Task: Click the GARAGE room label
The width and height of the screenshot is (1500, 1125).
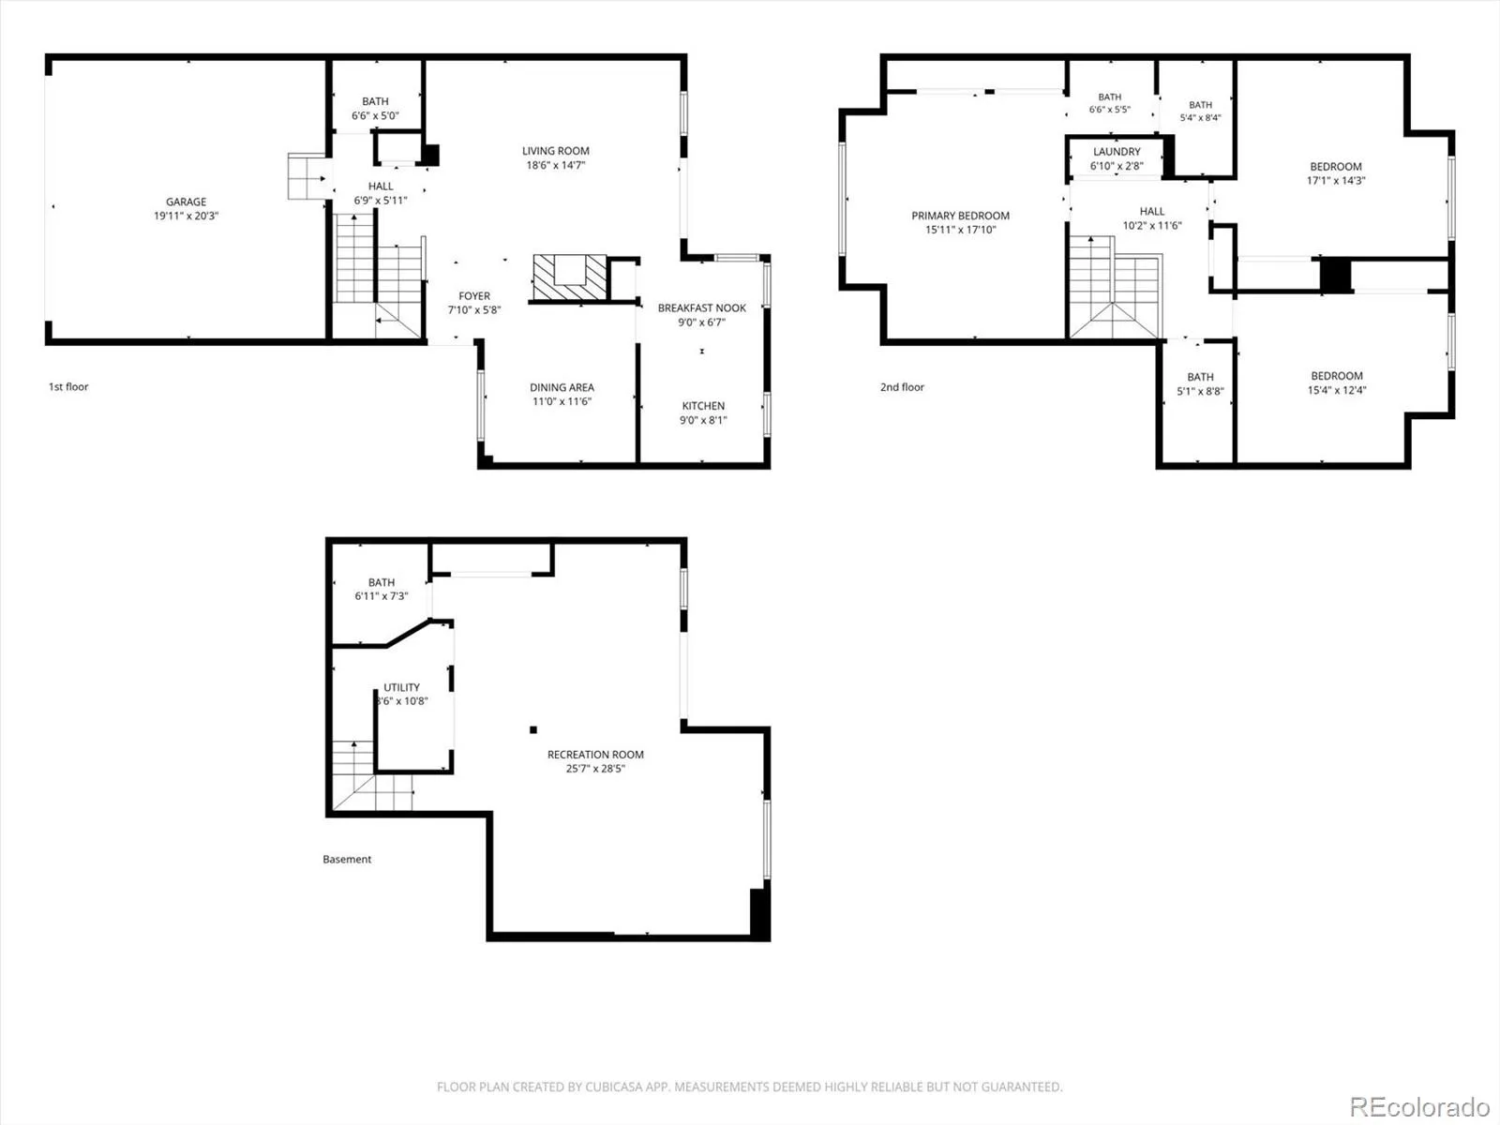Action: click(x=186, y=202)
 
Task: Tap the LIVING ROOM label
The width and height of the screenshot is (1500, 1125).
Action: click(x=556, y=151)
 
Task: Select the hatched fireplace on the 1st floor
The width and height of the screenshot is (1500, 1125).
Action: click(x=569, y=277)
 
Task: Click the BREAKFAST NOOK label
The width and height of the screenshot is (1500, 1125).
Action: click(x=702, y=308)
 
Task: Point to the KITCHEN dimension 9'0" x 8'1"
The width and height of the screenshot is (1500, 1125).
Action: click(x=703, y=420)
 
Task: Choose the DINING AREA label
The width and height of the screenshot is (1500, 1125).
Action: click(x=562, y=387)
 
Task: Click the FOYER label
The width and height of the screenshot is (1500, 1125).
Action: click(x=474, y=295)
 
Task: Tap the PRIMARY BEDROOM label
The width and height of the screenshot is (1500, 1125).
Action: click(x=960, y=216)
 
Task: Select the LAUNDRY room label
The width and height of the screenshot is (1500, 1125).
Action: click(x=1117, y=152)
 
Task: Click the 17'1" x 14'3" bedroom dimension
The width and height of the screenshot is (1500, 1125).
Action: click(x=1336, y=181)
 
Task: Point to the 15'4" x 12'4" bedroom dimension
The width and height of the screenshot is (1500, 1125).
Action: click(x=1337, y=391)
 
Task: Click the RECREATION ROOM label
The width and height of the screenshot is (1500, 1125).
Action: click(x=595, y=755)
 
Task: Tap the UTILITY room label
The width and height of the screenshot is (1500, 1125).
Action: click(x=401, y=687)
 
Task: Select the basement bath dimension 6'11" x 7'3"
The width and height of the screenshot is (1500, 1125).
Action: click(x=382, y=596)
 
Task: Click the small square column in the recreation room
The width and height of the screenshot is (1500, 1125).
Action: click(x=533, y=729)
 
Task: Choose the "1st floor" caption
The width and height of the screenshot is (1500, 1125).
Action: click(x=68, y=386)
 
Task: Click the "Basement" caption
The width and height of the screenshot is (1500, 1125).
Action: click(x=347, y=860)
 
